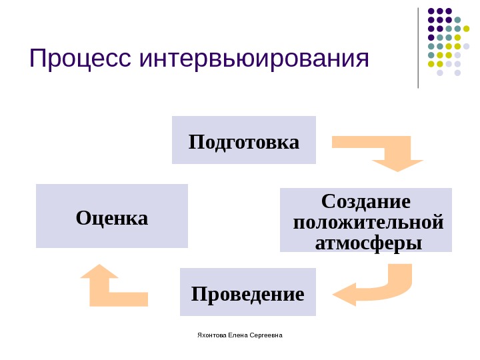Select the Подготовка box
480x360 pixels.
pyautogui.click(x=244, y=141)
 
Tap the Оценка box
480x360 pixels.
pyautogui.click(x=112, y=217)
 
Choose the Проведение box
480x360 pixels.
pyautogui.click(x=247, y=293)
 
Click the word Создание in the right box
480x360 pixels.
pyautogui.click(x=366, y=201)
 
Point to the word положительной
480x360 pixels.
pyautogui.click(x=368, y=220)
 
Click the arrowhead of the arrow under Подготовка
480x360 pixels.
pyautogui.click(x=397, y=165)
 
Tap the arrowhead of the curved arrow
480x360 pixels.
pyautogui.click(x=345, y=294)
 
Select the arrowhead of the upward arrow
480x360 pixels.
pyautogui.click(x=99, y=271)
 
